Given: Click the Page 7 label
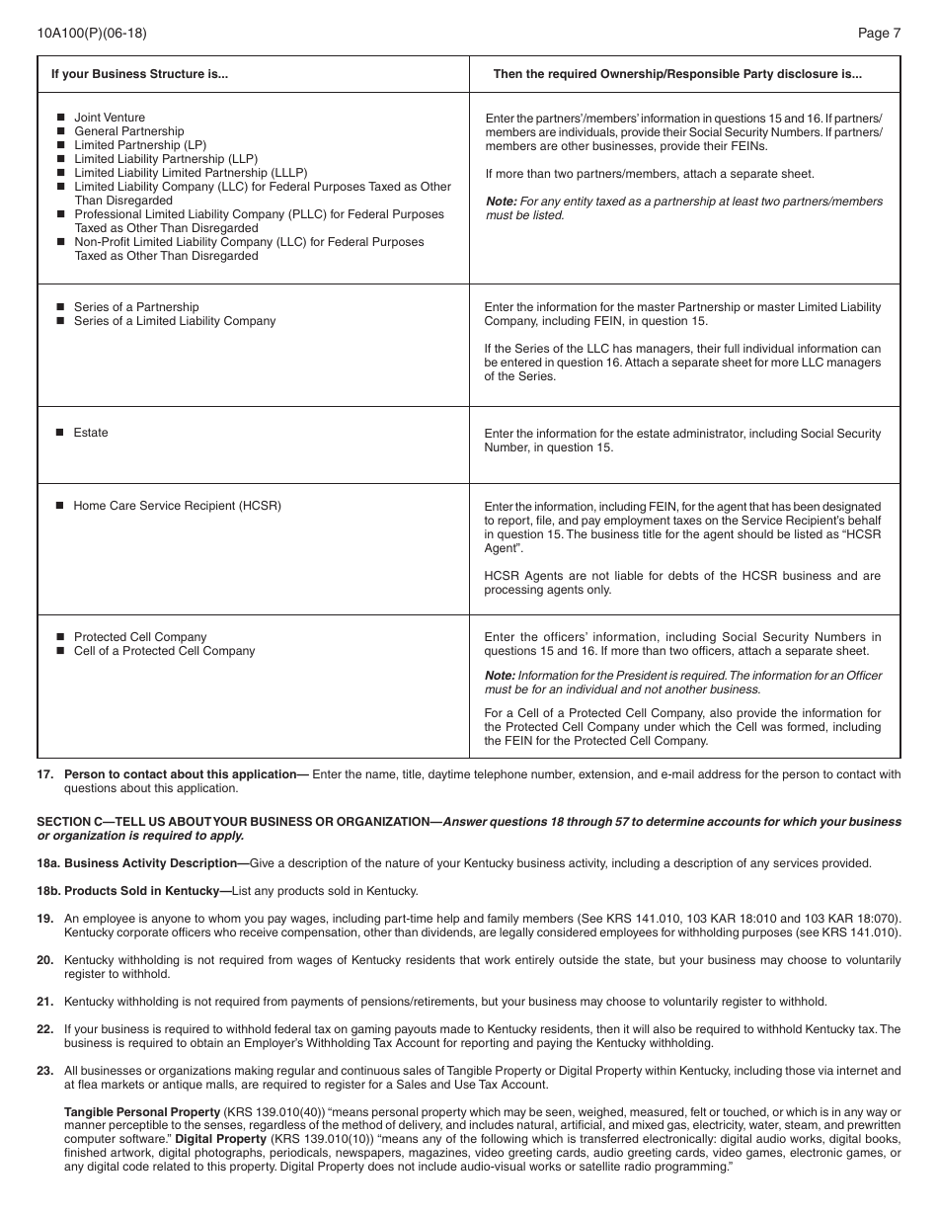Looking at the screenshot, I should [879, 33].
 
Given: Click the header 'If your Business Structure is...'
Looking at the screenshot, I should [139, 74].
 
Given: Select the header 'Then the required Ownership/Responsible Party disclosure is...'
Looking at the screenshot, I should [677, 74].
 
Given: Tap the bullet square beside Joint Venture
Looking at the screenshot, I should [60, 118].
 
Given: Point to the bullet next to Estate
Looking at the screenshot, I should [60, 433].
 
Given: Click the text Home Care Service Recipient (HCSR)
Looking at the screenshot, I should [177, 506].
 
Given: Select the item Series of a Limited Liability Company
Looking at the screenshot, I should [175, 321].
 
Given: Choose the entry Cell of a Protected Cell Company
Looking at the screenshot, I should [164, 651].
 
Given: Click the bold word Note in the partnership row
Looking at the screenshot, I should [500, 202].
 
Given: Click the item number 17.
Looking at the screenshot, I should [44, 774].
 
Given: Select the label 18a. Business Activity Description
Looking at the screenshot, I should [141, 863].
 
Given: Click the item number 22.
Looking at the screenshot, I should [44, 1029].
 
